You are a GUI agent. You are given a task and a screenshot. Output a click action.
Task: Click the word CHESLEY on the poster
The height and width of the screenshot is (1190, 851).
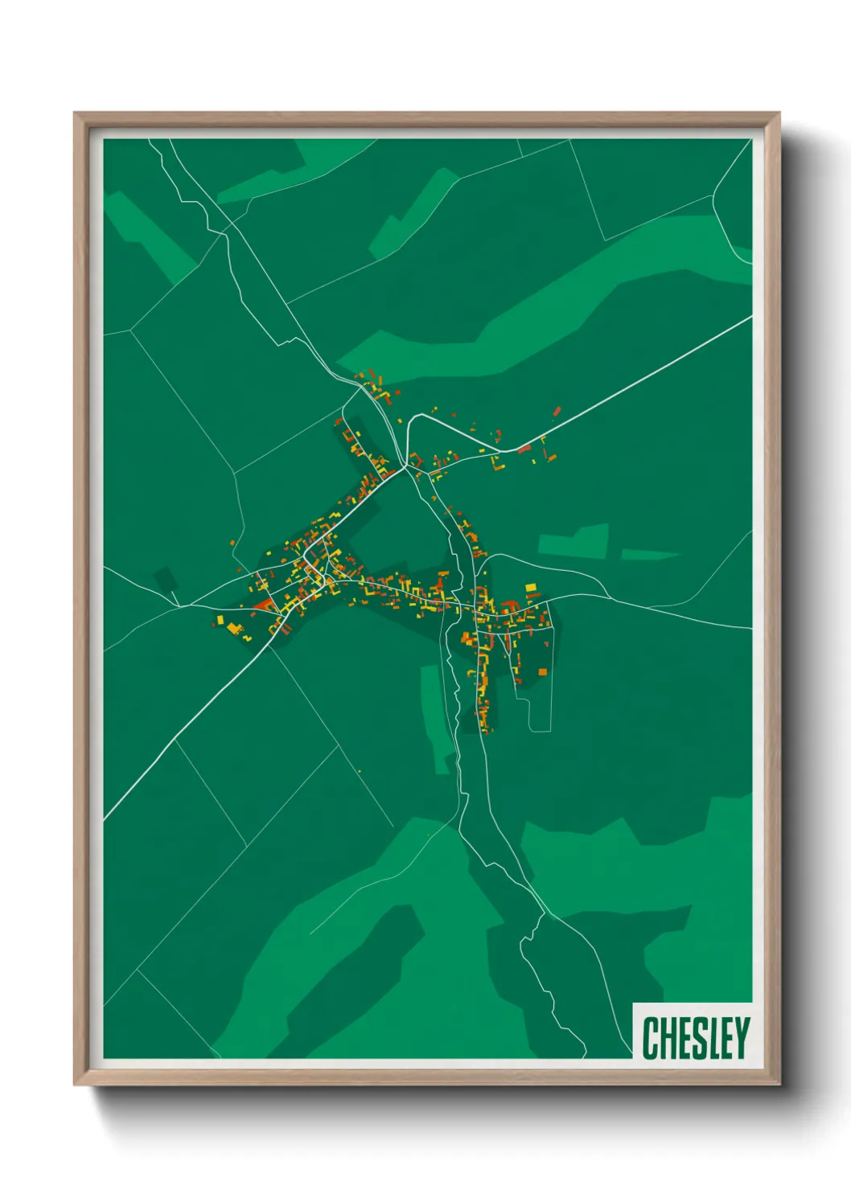[696, 1038]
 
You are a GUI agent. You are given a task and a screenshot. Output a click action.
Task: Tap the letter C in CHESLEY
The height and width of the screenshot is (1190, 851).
[652, 1038]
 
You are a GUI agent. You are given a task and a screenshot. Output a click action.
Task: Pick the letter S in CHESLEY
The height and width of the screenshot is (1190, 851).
[697, 1038]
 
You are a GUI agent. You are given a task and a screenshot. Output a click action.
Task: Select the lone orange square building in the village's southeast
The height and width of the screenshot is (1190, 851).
[542, 671]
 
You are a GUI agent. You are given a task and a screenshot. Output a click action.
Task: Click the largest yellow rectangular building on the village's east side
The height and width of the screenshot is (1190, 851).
[530, 588]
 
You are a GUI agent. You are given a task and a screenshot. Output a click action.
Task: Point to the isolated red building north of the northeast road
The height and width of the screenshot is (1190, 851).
[556, 412]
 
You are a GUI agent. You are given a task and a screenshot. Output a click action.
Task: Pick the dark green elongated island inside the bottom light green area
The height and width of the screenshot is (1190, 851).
[354, 965]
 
